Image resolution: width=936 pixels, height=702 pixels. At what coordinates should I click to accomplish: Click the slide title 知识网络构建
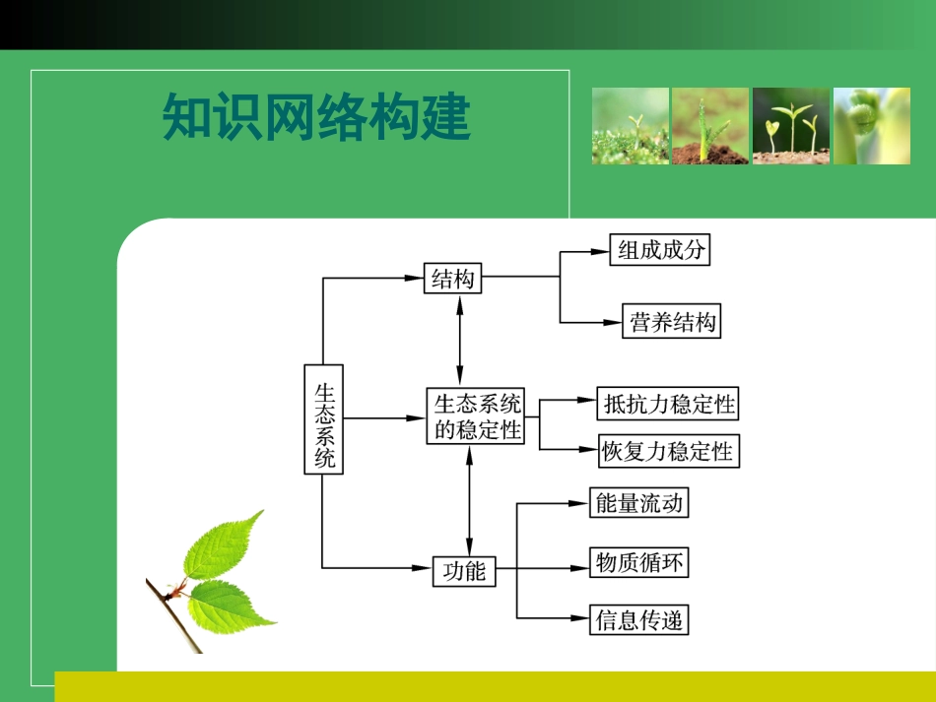tap(316, 119)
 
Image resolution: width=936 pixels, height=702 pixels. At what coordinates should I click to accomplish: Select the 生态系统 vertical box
tap(323, 419)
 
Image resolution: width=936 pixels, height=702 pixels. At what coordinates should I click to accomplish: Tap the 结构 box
tap(453, 279)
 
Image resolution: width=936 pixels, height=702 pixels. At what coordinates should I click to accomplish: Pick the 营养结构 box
tap(672, 322)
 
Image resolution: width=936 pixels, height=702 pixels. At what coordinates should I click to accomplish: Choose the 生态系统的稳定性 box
tap(476, 416)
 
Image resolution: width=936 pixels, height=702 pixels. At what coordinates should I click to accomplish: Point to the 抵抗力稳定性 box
tap(668, 404)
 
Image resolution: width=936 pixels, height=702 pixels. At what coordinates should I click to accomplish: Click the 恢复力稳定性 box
tap(668, 451)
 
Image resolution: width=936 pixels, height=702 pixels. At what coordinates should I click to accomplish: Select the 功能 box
tap(464, 569)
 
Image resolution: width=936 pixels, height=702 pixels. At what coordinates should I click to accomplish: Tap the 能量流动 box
tap(637, 503)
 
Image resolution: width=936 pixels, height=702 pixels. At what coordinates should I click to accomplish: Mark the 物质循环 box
tap(637, 562)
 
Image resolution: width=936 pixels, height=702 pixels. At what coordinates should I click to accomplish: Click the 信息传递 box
tap(637, 620)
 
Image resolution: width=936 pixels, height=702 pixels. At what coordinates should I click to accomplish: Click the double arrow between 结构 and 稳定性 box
tap(459, 340)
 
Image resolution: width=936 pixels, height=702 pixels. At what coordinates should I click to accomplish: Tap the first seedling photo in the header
tap(630, 126)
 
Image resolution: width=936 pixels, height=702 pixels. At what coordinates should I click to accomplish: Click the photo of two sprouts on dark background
tap(791, 126)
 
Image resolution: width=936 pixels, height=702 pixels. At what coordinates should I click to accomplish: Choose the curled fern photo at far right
tap(872, 126)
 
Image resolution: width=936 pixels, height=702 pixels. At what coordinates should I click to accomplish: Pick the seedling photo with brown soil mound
tap(710, 126)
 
